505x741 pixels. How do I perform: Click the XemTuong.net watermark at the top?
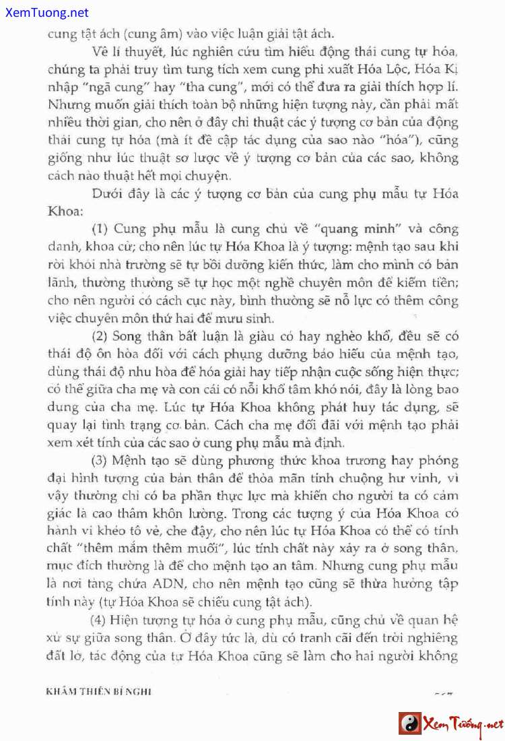44,11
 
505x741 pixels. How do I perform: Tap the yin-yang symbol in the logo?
409,724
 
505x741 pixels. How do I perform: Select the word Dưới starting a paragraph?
108,193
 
